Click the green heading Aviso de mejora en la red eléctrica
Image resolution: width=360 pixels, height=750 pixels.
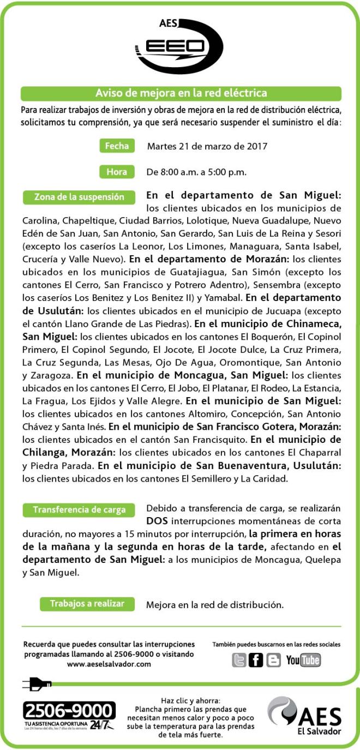point(181,93)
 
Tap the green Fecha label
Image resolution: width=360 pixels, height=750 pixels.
point(117,146)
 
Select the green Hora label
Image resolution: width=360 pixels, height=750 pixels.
point(117,172)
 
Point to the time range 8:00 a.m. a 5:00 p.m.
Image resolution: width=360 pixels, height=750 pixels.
point(196,172)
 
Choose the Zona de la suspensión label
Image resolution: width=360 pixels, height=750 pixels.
point(79,197)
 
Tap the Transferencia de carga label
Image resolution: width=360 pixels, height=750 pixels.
point(79,510)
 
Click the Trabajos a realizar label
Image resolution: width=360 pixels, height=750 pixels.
point(87,604)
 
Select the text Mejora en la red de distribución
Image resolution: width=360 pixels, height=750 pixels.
point(215,605)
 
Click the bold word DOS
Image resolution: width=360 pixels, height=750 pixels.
point(157,521)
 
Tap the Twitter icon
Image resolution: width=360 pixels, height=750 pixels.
point(239,660)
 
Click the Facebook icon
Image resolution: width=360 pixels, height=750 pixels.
point(256,660)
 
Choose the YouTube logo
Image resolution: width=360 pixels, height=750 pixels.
point(303,660)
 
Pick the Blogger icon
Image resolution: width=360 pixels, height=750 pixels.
point(273,660)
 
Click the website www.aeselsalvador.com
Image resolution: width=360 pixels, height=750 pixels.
point(109,664)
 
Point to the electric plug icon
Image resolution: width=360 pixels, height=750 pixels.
point(37,683)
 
